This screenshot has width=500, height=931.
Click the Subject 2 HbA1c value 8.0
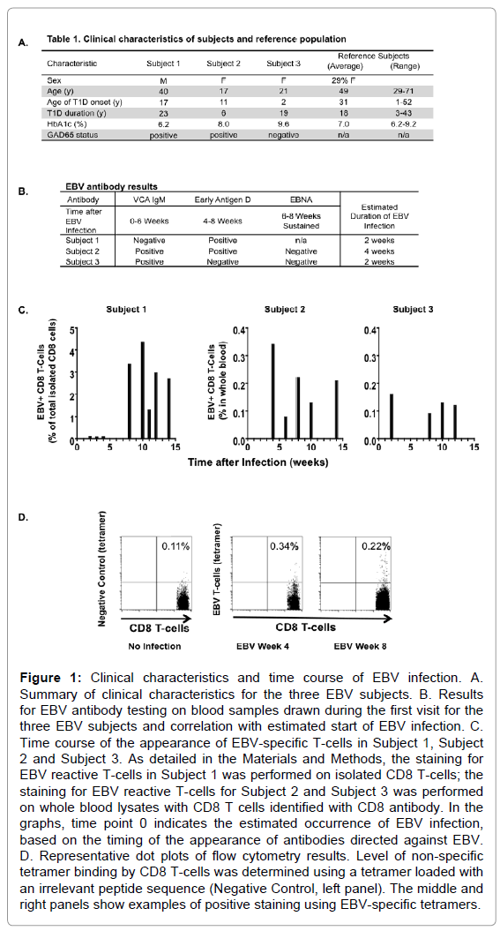click(222, 124)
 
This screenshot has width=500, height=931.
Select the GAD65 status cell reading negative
click(283, 135)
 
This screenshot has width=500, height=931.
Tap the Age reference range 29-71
click(404, 91)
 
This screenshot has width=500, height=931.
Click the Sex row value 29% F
click(343, 79)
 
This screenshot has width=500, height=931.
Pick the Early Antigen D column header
click(222, 199)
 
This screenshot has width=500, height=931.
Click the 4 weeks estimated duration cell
click(379, 252)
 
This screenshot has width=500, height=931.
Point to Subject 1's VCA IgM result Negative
click(149, 240)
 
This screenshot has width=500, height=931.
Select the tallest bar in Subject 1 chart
click(142, 391)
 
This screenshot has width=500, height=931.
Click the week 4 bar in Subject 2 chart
click(272, 392)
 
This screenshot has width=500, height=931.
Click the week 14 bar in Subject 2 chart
click(336, 410)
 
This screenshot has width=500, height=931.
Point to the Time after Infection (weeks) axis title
click(258, 462)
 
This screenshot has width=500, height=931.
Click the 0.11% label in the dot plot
click(175, 546)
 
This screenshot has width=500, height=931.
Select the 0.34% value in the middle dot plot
click(284, 546)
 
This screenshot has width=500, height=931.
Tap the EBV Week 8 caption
click(360, 646)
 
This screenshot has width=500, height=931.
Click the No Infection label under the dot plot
click(154, 646)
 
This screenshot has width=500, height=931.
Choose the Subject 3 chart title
click(413, 310)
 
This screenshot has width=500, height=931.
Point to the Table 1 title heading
click(197, 39)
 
